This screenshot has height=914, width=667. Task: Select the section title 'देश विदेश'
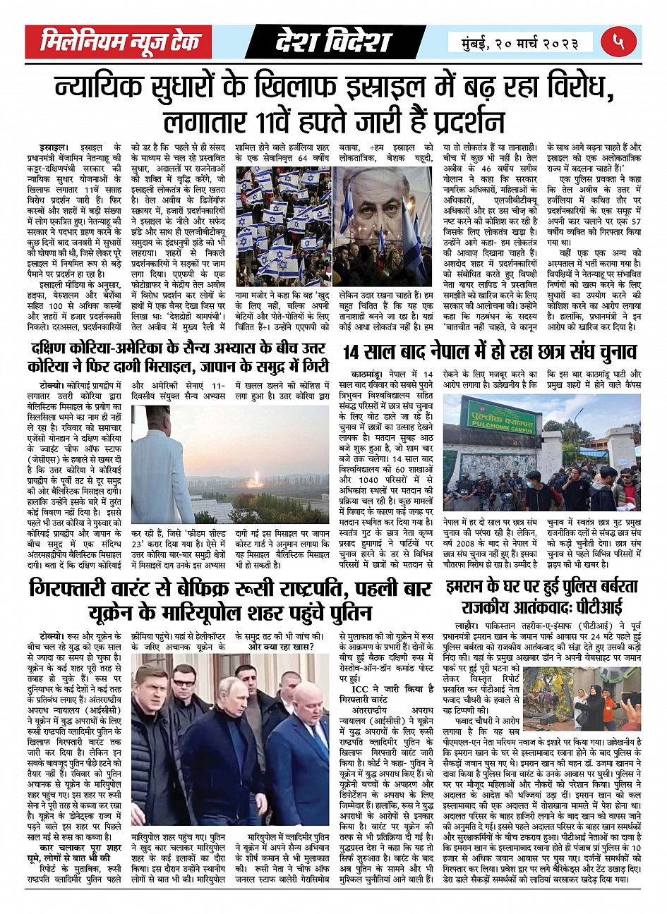tap(332, 42)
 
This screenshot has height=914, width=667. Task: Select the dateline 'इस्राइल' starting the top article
tap(54, 147)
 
